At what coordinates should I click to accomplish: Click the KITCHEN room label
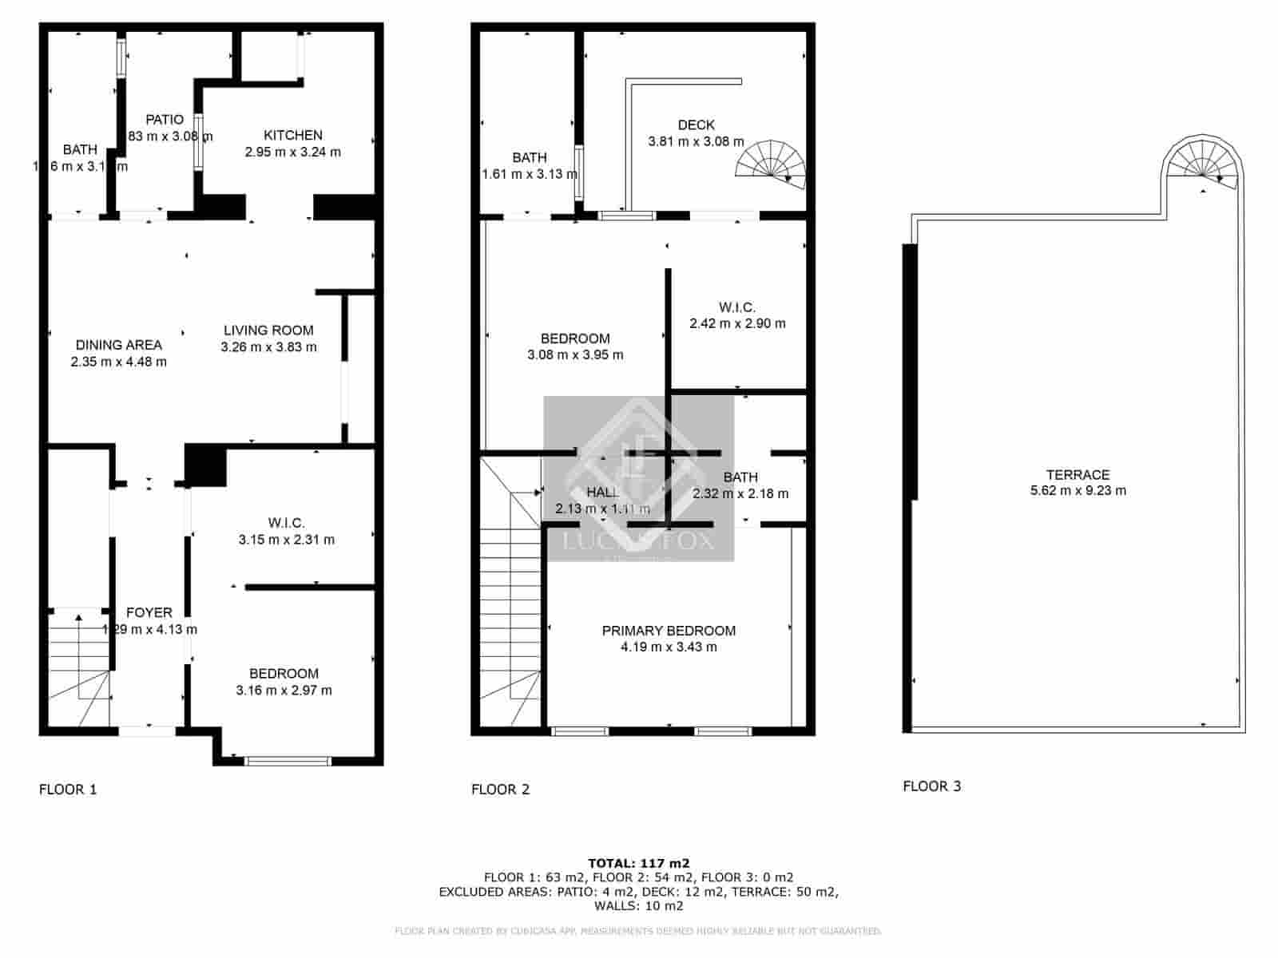click(x=293, y=135)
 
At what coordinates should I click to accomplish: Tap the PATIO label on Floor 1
click(x=165, y=120)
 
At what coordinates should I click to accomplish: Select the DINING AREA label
click(x=119, y=345)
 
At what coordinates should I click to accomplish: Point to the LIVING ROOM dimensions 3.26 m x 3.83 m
click(x=268, y=347)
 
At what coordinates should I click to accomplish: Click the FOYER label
click(x=149, y=612)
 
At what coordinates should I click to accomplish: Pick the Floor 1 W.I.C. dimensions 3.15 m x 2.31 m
click(x=287, y=540)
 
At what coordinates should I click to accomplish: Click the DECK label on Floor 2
click(x=697, y=125)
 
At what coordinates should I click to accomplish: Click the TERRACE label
click(x=1078, y=474)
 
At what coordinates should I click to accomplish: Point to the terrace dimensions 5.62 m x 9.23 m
click(x=1078, y=491)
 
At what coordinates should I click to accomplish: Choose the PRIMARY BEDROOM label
click(x=669, y=631)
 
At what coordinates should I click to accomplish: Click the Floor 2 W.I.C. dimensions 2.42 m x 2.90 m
click(x=737, y=324)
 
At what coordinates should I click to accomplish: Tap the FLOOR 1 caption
click(x=68, y=790)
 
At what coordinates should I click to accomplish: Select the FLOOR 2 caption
click(x=501, y=790)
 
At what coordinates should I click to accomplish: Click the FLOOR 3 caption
click(x=932, y=786)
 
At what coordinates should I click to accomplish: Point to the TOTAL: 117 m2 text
click(x=639, y=863)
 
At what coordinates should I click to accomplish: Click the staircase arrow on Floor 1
click(x=78, y=617)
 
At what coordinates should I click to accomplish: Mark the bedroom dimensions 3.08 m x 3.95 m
click(x=575, y=355)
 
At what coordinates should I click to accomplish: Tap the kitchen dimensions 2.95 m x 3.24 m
click(x=293, y=152)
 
